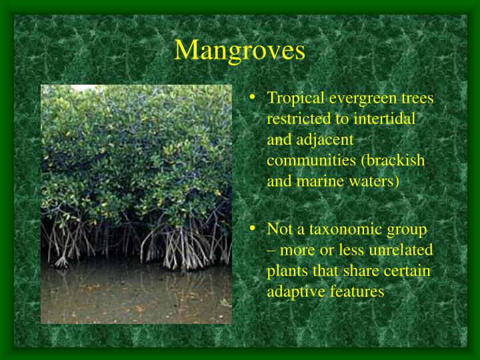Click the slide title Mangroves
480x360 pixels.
pos(240,50)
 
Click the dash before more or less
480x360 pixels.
pos(271,251)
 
